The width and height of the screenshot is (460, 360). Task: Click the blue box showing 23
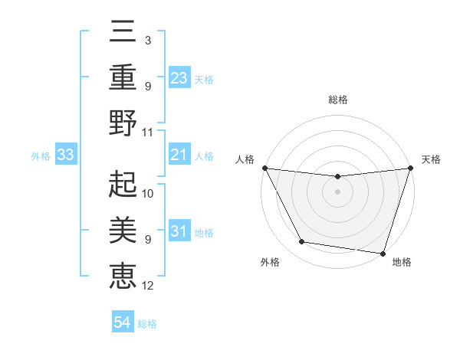[x=179, y=78]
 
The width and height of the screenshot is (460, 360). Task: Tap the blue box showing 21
[x=179, y=155]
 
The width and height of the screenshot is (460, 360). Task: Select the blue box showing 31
[x=179, y=231]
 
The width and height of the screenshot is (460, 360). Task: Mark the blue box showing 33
[x=65, y=155]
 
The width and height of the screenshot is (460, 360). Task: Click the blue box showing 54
[x=123, y=323]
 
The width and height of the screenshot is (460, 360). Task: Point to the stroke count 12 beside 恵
[x=148, y=286]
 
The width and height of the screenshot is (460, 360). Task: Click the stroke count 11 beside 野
[x=148, y=132]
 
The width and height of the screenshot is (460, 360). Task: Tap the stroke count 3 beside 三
[x=147, y=40]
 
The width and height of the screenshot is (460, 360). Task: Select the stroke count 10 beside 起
[x=148, y=193]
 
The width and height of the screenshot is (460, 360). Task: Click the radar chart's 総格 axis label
[x=338, y=100]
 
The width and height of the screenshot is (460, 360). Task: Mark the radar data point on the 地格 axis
[x=383, y=253]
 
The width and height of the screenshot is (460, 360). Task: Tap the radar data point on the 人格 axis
[x=264, y=168]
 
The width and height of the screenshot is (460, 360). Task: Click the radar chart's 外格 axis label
[x=269, y=262]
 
